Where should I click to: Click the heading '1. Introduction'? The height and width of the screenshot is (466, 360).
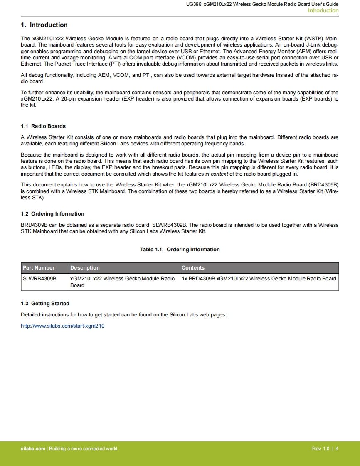coord(44,25)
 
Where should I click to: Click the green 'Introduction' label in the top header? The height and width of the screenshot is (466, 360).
coord(323,11)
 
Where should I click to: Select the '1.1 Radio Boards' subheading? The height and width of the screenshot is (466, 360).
coord(43,126)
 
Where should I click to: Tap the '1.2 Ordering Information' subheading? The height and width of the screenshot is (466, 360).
coord(52,214)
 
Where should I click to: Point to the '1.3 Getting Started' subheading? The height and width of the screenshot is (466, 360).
coord(45,304)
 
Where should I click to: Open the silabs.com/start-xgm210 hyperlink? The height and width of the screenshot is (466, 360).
coord(63,326)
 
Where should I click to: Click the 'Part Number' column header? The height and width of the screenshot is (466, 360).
coord(39,268)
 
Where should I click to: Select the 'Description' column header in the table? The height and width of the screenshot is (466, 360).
coord(85,268)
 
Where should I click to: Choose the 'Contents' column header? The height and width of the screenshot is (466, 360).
coord(193,268)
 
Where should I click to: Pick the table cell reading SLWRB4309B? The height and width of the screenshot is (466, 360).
coord(39,278)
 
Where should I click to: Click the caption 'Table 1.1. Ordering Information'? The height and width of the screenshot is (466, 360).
coord(180,250)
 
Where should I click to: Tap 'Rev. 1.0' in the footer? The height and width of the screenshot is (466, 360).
coord(321,449)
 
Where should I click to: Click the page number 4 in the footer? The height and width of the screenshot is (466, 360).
coord(337,449)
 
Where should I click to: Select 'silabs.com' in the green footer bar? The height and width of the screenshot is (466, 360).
coord(33,449)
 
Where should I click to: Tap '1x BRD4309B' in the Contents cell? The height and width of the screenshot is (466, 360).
coord(198,278)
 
